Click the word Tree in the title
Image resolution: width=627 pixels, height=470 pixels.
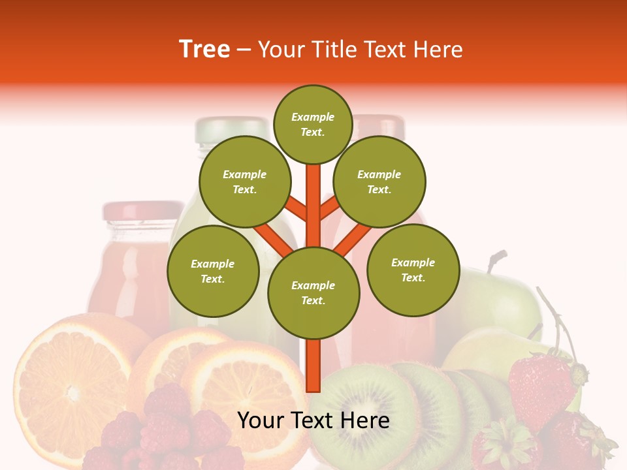204,50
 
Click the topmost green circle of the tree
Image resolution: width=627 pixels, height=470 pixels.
313,124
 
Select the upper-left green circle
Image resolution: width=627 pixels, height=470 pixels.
245,181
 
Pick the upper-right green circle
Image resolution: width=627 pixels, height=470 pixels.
379,181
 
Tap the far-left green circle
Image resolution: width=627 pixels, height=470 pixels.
213,271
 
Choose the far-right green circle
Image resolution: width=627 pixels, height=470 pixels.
413,270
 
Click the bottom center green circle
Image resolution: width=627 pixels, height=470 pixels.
313,292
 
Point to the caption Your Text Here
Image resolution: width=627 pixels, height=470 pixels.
313,420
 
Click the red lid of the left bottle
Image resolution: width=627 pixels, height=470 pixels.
142,211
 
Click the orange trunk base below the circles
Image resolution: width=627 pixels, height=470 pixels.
313,366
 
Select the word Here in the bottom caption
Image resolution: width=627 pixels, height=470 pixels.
362,420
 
